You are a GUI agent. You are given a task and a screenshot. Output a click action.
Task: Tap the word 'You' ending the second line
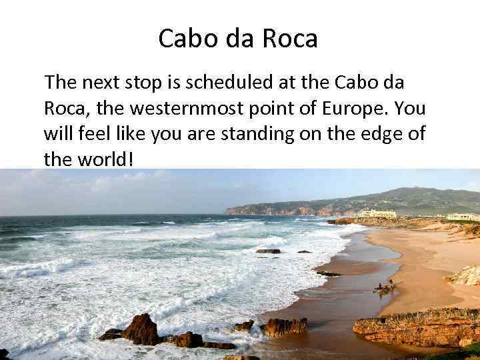click(x=413, y=109)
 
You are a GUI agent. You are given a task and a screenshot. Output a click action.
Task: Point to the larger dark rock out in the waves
click(x=268, y=251)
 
